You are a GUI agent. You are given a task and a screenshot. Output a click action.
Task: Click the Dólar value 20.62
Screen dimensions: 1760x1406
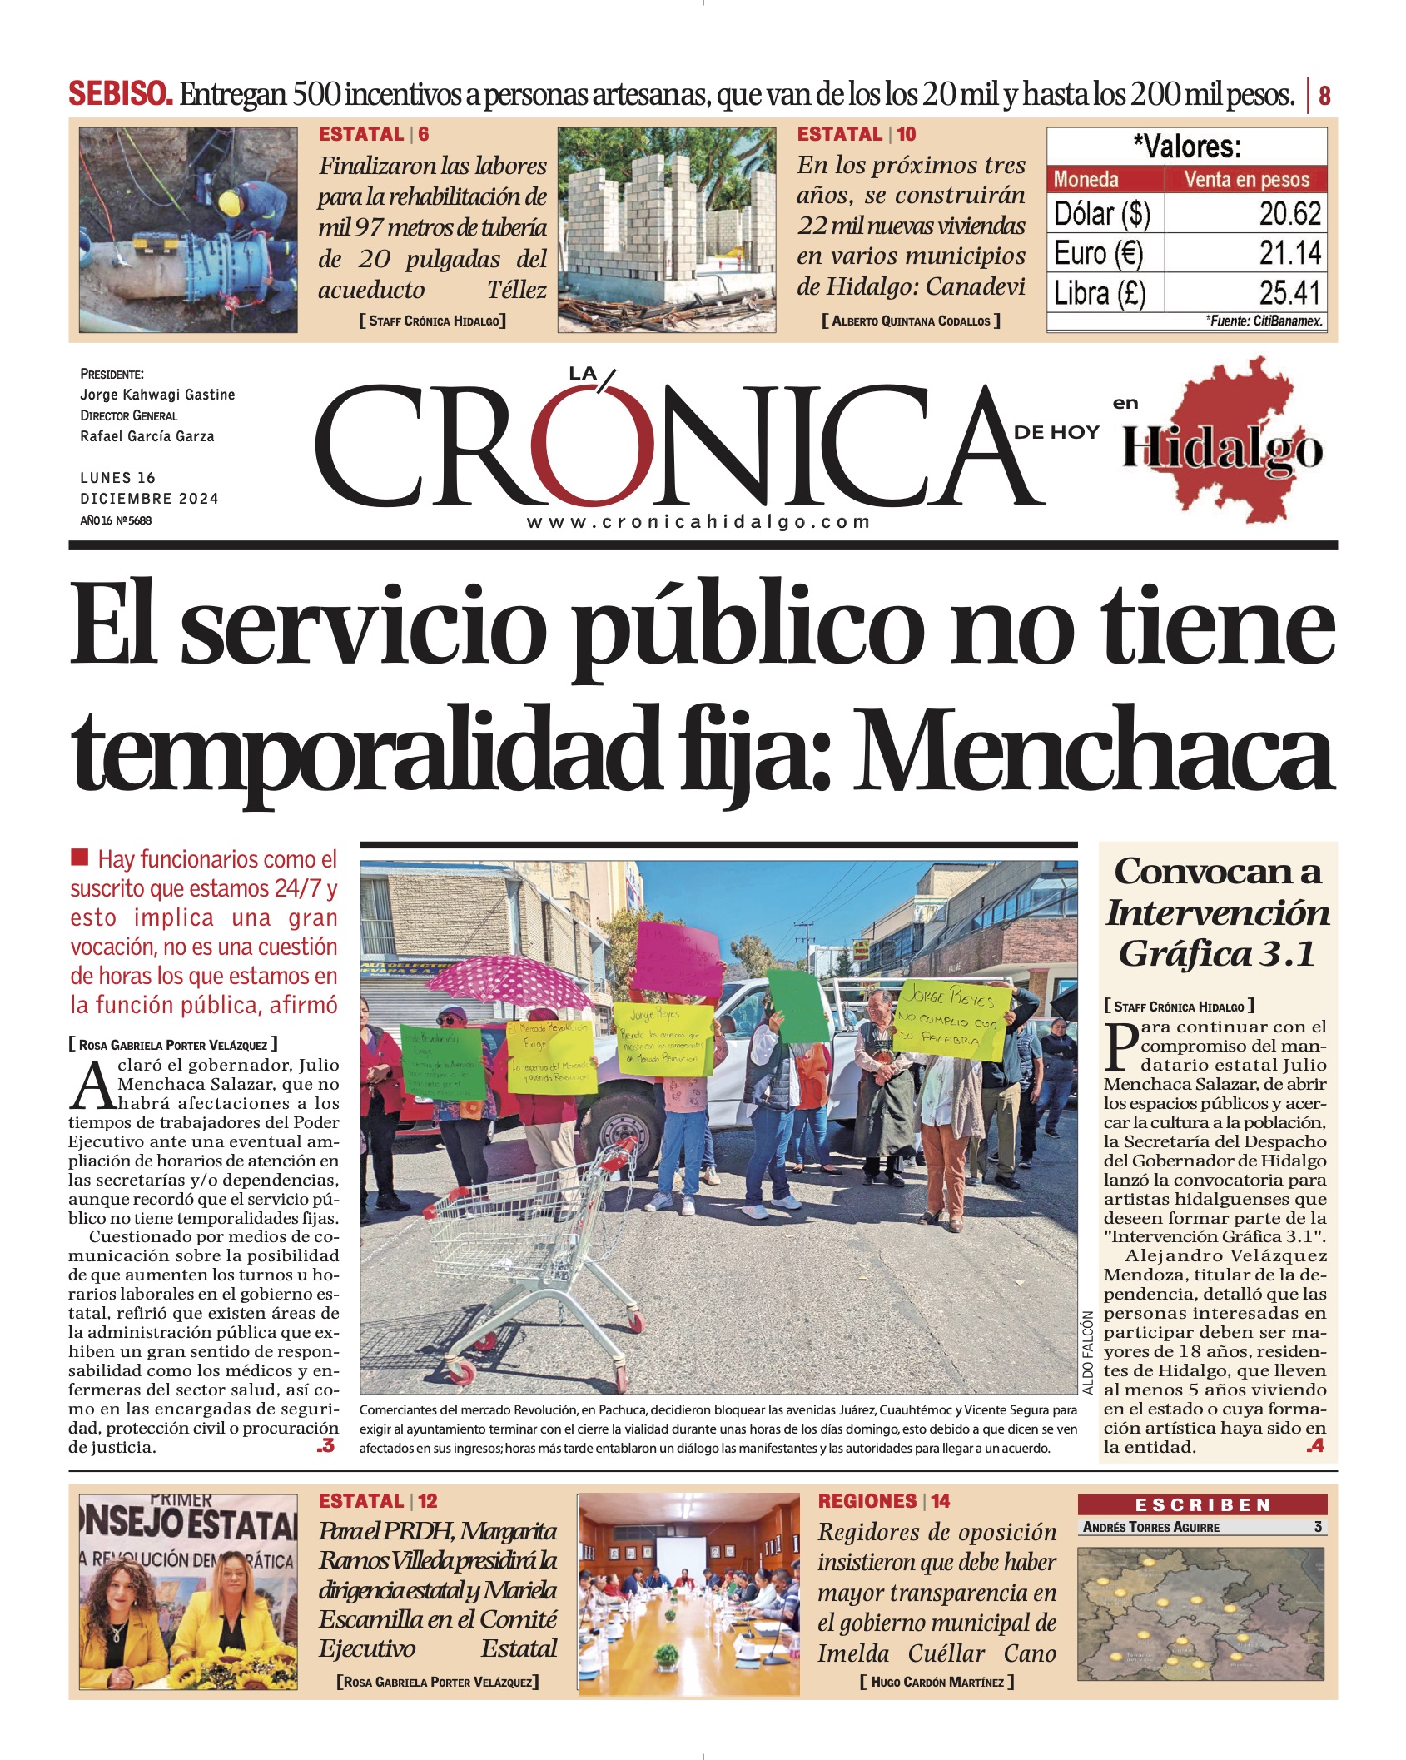[x=1289, y=214]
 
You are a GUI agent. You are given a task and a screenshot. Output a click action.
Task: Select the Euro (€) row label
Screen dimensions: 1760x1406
[x=1098, y=253]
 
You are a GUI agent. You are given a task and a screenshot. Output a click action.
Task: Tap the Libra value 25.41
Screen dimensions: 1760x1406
[x=1289, y=293]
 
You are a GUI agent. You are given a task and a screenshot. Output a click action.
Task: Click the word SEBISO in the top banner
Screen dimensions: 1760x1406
[x=121, y=94]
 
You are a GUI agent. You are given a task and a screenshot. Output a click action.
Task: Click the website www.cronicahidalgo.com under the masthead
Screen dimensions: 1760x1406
[x=698, y=522]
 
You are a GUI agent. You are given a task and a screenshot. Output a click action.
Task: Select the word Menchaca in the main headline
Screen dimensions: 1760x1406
[x=1094, y=750]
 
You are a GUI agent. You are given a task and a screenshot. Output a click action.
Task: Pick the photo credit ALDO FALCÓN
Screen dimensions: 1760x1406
[x=1088, y=1353]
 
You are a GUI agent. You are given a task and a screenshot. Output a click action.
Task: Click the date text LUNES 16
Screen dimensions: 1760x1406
[x=118, y=478]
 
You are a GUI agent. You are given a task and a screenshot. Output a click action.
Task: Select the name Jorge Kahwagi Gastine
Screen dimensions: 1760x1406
[x=157, y=395]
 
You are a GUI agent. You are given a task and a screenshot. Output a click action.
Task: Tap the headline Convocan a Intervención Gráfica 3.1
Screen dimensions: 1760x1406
[x=1217, y=912]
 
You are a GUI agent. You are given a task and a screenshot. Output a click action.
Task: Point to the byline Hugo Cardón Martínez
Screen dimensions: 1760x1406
[x=937, y=1683]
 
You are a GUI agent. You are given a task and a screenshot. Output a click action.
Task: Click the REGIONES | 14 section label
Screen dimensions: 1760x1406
[x=883, y=1501]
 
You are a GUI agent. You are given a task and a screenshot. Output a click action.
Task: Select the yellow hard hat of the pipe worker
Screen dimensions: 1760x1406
[x=229, y=202]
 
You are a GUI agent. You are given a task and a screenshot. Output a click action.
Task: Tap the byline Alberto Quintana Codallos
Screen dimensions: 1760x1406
[x=911, y=321]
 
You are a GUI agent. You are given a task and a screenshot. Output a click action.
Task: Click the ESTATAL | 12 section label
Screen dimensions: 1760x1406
[x=378, y=1501]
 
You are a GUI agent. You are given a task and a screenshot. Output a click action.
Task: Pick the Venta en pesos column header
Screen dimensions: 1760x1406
[x=1246, y=179]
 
